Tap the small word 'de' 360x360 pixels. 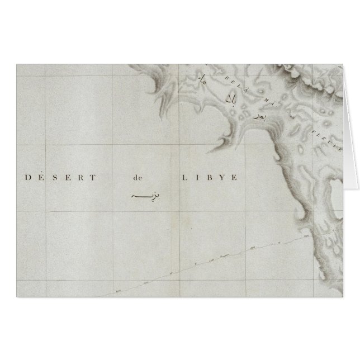click(138, 178)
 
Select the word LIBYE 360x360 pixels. click(210, 178)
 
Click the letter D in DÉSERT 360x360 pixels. click(29, 178)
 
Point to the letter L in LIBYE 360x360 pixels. click(183, 178)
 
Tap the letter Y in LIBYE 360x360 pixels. click(222, 178)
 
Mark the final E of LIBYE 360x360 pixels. click(236, 178)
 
